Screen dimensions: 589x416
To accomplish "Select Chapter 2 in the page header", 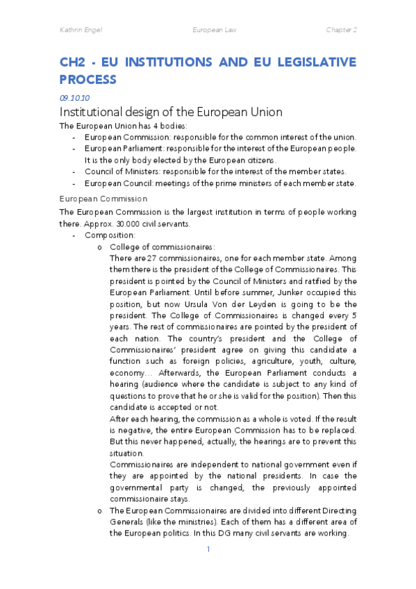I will pos(341,31).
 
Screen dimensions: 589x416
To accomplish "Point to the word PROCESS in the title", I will pos(88,79).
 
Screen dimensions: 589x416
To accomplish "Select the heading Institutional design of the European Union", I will pos(170,113).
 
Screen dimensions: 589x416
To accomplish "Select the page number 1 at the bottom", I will pos(208,549).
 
